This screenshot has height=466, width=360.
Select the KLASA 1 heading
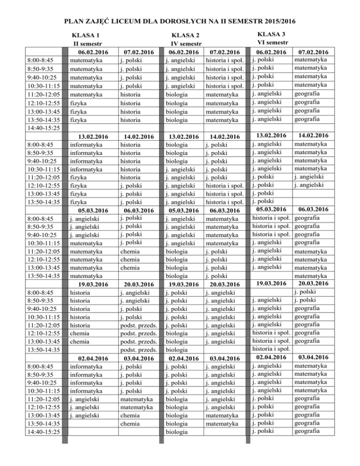tap(84, 35)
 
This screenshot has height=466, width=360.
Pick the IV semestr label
tap(185, 44)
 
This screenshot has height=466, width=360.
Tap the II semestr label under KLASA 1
tap(84, 44)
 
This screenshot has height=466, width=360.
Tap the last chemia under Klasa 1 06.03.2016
tap(129, 268)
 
